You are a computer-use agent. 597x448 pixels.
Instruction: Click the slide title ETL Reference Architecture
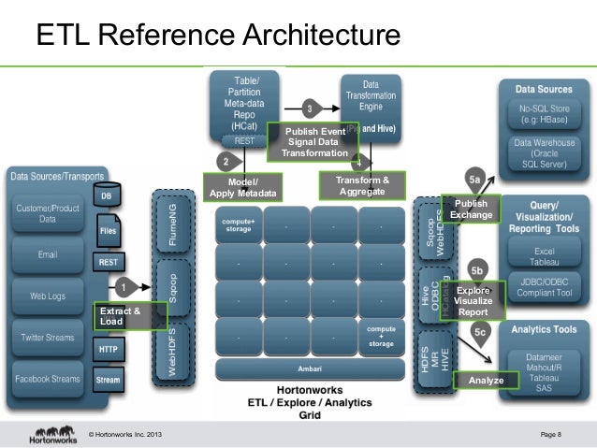coord(217,36)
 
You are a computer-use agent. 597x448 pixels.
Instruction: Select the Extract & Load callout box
coord(129,316)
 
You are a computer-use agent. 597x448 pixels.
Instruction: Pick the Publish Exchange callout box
coord(471,210)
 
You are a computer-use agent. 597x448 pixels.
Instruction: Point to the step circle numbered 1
coord(124,286)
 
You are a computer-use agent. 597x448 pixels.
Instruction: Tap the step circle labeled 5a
coord(474,179)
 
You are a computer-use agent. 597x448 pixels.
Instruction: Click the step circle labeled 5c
coord(480,331)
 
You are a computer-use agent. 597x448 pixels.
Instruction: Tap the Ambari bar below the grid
coord(298,366)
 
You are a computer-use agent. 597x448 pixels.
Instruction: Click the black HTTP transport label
coord(109,348)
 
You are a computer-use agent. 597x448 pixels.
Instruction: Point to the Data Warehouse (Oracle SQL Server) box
coord(544,152)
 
